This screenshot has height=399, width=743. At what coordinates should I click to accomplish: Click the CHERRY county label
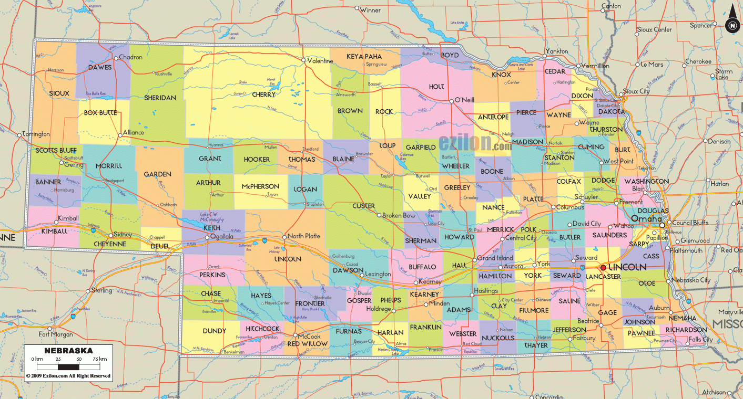(264, 95)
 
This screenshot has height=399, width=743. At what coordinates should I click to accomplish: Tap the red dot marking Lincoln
(603, 268)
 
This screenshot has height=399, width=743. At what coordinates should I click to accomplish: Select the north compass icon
(731, 25)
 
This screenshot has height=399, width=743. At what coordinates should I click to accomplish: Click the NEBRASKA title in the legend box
(68, 351)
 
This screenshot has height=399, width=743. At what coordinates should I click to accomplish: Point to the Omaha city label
(646, 218)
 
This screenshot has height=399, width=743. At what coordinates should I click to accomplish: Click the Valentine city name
(320, 61)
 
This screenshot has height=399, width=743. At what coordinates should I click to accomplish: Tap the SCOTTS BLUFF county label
(56, 150)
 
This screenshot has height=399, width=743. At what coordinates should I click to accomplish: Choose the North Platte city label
(303, 236)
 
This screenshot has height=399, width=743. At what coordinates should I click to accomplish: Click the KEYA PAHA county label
(364, 56)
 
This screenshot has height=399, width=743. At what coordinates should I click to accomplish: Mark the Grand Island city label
(495, 258)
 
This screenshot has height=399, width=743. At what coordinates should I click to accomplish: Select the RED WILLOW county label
(307, 344)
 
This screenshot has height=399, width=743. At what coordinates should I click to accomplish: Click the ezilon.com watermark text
(475, 142)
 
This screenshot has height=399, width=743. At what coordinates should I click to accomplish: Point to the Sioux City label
(636, 91)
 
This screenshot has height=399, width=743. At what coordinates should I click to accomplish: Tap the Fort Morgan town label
(55, 334)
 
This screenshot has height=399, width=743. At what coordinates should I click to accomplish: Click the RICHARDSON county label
(686, 330)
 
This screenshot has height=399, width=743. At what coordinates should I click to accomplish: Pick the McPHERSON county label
(260, 186)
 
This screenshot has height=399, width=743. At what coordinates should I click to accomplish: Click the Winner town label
(370, 10)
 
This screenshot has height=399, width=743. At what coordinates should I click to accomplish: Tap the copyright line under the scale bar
(68, 376)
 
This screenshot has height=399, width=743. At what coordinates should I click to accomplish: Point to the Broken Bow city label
(399, 216)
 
